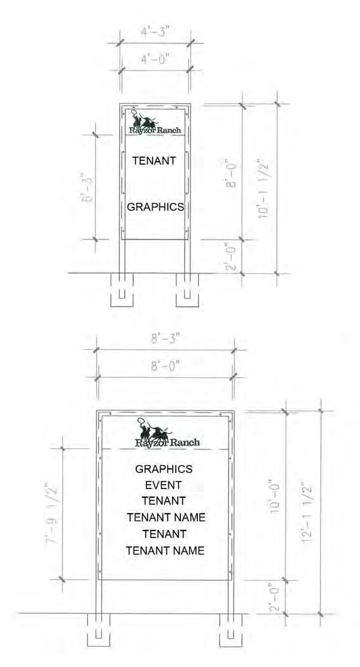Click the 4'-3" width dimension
pos(156,32)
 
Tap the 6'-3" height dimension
pos(87,187)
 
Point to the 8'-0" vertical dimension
pos(231,174)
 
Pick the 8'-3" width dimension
pos(166,339)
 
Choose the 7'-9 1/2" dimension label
pos(52,512)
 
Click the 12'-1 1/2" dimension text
pos(307,512)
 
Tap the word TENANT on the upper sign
pos(154,161)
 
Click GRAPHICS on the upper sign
pos(156,207)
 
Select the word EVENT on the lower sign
pos(163,485)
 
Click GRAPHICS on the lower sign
pos(163,469)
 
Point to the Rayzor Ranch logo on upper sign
pos(155,123)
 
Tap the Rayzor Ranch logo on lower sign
pos(167,433)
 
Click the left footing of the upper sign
pos(122,290)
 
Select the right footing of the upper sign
pos(187,290)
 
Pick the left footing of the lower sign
pos(99,630)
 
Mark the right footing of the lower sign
pos(231,630)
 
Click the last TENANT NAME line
pos(165,551)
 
